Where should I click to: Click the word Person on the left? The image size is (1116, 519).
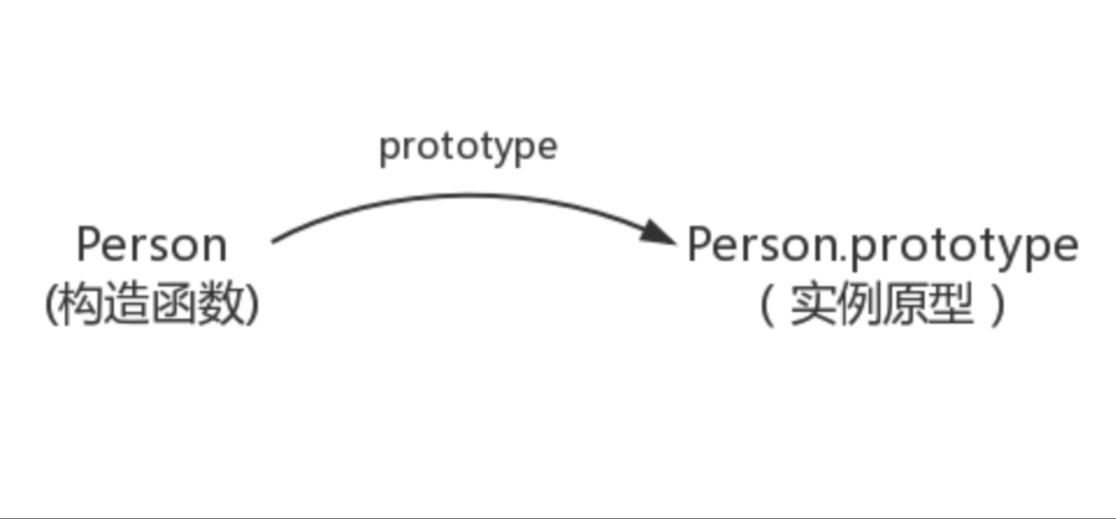click(152, 245)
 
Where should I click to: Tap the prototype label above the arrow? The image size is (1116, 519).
click(468, 146)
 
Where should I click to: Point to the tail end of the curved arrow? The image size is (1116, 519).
click(274, 241)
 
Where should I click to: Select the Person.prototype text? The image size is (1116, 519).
click(882, 245)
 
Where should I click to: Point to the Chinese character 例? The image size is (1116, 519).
click(860, 304)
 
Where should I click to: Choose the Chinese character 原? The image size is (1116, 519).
click(906, 304)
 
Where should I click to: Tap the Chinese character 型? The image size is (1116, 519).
click(951, 304)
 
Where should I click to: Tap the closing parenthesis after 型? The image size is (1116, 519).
click(998, 304)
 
